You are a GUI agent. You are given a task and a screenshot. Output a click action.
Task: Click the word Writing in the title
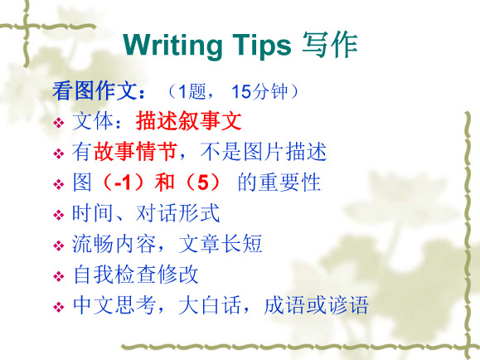pos(173,46)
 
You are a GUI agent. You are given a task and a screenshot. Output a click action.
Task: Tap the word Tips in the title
pos(262,46)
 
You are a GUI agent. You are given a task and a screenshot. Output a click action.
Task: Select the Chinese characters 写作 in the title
pos(330,46)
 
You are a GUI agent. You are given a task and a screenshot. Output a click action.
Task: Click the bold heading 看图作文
pos(95,91)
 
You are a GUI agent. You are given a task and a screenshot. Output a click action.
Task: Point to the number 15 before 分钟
pos(241,91)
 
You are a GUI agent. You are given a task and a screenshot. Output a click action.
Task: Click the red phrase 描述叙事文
pos(189,121)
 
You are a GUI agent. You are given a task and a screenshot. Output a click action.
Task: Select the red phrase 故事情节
pos(136,151)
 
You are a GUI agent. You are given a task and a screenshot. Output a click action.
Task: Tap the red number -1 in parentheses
pos(123,182)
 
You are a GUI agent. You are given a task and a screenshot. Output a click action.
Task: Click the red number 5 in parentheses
pos(203,182)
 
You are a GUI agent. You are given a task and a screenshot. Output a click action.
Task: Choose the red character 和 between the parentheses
pos(165,182)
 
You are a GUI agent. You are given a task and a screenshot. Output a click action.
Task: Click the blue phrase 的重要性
pos(279,182)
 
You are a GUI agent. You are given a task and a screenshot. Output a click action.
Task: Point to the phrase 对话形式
pos(177,213)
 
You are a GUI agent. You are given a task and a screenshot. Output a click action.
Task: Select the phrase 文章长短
pos(221,244)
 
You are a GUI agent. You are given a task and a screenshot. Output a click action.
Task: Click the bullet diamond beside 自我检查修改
pos(59,276)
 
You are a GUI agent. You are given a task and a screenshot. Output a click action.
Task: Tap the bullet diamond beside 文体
pos(59,123)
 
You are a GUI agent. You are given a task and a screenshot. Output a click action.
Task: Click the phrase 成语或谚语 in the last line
pos(316,305)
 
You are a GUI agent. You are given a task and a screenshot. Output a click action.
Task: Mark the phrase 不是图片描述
pos(264,151)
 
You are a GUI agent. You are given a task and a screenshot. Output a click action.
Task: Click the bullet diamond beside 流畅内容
pos(59,246)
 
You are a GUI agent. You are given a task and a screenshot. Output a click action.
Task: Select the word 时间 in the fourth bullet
pos(93,213)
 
